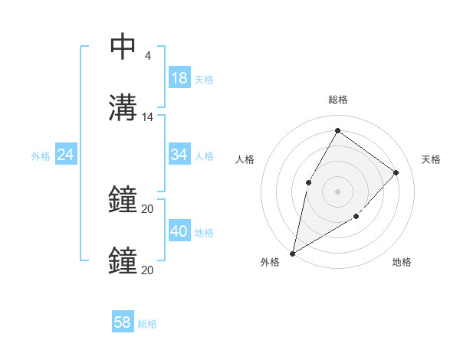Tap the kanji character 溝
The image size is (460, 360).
point(123,107)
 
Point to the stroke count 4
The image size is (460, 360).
point(147,56)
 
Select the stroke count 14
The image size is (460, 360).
point(148,117)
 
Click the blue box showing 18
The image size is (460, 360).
point(179,78)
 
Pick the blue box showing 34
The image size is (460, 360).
point(179,155)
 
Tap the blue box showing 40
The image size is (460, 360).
point(179,231)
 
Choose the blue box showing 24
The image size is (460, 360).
point(66,155)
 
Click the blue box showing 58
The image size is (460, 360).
point(123,322)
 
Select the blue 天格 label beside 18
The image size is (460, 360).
point(204,80)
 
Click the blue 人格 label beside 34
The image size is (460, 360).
point(204,156)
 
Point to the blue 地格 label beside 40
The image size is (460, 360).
point(204,233)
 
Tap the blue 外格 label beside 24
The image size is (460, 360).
point(41,156)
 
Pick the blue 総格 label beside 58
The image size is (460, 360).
point(147,324)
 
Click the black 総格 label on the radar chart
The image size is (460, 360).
point(337,100)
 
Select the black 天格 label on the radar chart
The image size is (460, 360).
point(431,159)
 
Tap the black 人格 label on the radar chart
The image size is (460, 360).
point(245,159)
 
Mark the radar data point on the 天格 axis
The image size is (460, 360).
point(396,172)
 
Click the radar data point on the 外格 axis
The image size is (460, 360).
point(292,253)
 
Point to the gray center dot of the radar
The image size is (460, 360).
point(337,191)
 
